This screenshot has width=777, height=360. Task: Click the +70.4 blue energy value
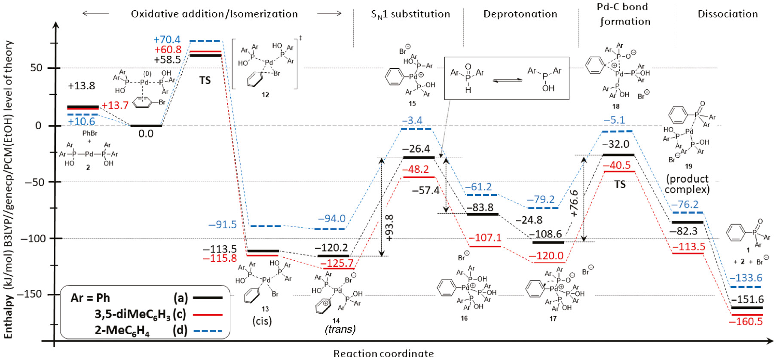tap(167, 40)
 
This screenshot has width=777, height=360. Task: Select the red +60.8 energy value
tap(168, 50)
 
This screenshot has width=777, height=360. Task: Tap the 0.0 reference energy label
tap(146, 134)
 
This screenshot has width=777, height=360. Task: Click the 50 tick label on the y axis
tap(36, 68)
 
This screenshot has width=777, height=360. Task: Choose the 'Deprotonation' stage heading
tap(520, 14)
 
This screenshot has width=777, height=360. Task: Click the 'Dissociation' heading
tap(728, 14)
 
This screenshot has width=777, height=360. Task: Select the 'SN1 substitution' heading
tap(410, 14)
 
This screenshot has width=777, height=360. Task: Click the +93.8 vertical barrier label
tap(389, 228)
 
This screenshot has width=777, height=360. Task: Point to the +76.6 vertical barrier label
tap(574, 203)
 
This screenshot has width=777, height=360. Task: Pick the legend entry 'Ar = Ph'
tap(90, 298)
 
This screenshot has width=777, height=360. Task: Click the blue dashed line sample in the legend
tap(208, 331)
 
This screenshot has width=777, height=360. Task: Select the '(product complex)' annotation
tap(687, 184)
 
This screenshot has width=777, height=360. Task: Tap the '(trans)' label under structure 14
tap(340, 329)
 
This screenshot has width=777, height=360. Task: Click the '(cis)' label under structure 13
tap(262, 321)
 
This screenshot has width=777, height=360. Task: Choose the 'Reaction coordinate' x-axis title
tap(383, 354)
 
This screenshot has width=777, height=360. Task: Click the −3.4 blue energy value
tap(412, 121)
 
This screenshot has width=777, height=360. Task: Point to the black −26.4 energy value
tap(416, 149)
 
